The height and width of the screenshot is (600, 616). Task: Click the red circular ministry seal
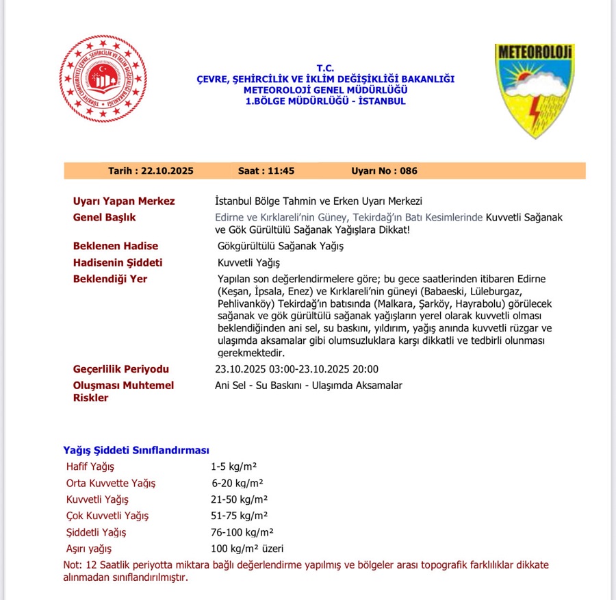pyautogui.click(x=103, y=79)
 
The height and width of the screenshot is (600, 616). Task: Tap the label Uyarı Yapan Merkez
pyautogui.click(x=124, y=201)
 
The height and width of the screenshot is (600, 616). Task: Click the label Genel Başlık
pyautogui.click(x=105, y=218)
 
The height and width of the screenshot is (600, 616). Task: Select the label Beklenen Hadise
pyautogui.click(x=116, y=246)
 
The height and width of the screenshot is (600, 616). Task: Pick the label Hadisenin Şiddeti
pyautogui.click(x=118, y=262)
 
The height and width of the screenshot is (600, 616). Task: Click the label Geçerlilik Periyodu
pyautogui.click(x=121, y=369)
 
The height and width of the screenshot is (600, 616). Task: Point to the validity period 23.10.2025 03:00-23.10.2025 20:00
pyautogui.click(x=296, y=369)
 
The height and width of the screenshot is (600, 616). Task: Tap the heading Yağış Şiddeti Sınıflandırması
pyautogui.click(x=136, y=450)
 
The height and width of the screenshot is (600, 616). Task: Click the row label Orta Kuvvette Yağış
pyautogui.click(x=111, y=483)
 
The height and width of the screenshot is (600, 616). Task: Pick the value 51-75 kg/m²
pyautogui.click(x=240, y=516)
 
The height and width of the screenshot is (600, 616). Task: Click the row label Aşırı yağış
pyautogui.click(x=88, y=549)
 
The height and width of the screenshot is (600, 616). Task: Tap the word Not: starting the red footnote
pyautogui.click(x=72, y=565)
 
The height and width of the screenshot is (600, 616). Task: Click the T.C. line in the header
pyautogui.click(x=325, y=68)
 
